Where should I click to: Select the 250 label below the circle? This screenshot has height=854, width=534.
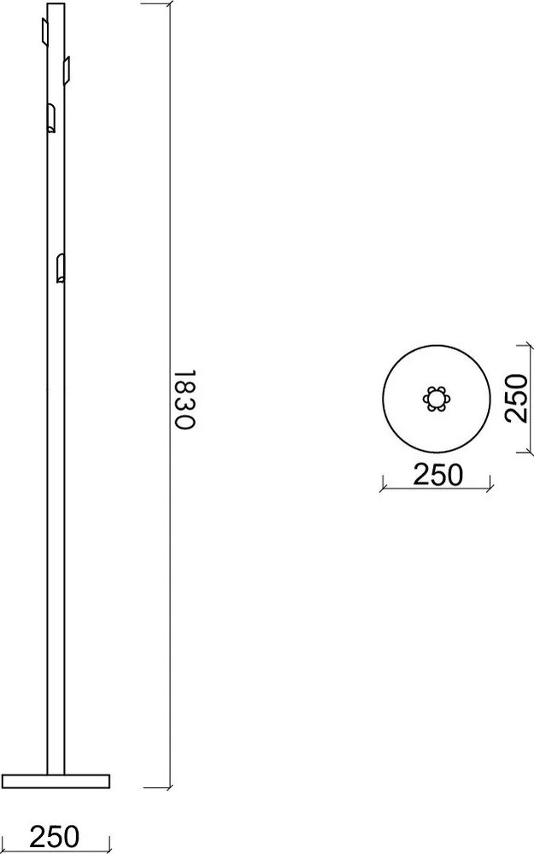point(437,474)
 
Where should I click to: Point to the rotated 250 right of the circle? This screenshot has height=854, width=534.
point(515,398)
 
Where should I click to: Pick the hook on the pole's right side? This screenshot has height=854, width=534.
point(67,67)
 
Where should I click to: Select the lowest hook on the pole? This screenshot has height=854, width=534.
point(60,267)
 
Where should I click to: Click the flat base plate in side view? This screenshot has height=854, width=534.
point(56,780)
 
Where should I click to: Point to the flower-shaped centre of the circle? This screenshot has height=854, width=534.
point(437,399)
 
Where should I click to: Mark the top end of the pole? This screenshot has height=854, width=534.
point(55,5)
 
